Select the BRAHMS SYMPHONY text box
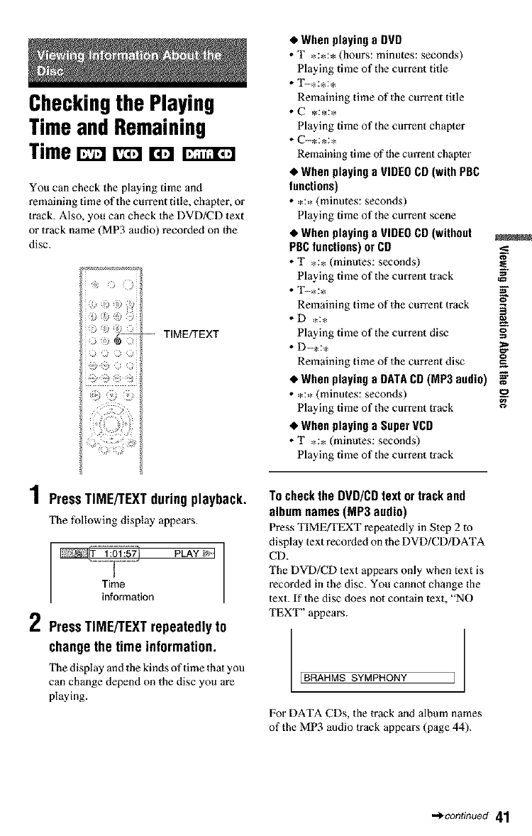[376, 676]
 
